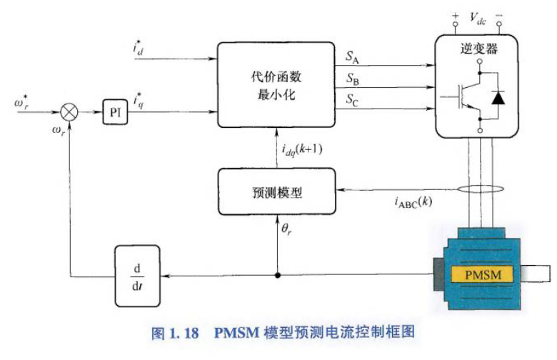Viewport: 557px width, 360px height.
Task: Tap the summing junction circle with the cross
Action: click(x=70, y=113)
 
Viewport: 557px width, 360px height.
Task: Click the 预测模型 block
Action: click(x=276, y=192)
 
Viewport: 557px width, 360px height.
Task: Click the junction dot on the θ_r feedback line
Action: click(x=276, y=274)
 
